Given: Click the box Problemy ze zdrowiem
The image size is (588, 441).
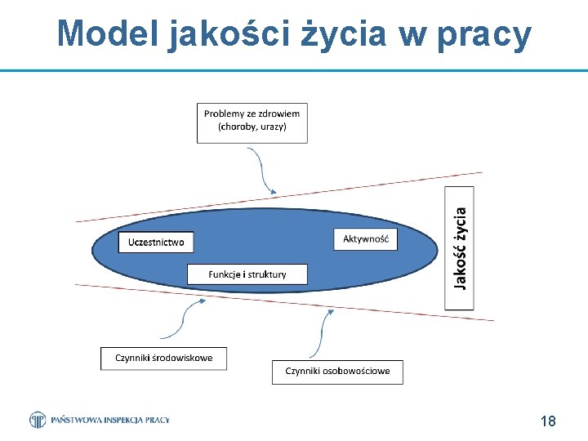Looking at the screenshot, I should tap(252, 122).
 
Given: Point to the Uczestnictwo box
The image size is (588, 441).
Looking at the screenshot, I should tap(156, 242).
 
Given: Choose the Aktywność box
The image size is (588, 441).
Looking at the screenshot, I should tap(365, 238).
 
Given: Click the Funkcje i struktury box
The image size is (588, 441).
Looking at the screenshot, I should tap(247, 274).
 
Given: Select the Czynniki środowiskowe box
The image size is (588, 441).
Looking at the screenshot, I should tap(163, 358).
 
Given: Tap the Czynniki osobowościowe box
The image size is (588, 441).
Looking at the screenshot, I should tap(337, 372).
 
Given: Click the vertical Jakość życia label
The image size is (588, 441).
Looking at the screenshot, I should tap(460, 248).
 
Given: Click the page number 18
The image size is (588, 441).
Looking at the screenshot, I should tap(548, 421).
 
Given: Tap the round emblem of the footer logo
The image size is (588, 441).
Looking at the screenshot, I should tap(38, 420).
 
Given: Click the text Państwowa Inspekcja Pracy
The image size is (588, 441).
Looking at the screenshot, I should tap(110, 420).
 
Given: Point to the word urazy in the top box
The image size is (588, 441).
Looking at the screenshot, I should tap(272, 127).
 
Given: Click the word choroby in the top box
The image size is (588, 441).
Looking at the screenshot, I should tap(235, 127).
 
